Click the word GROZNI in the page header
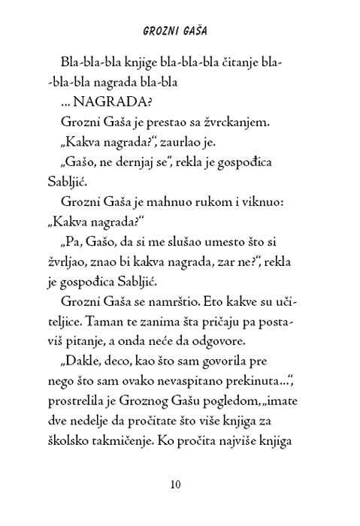click(x=160, y=32)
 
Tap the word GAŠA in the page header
click(x=198, y=32)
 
